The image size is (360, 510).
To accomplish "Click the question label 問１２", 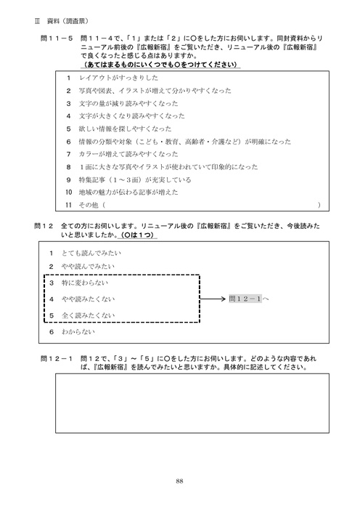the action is [44, 227].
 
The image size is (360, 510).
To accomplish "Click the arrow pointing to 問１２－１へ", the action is [213, 298].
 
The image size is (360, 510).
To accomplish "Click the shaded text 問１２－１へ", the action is [248, 298].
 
